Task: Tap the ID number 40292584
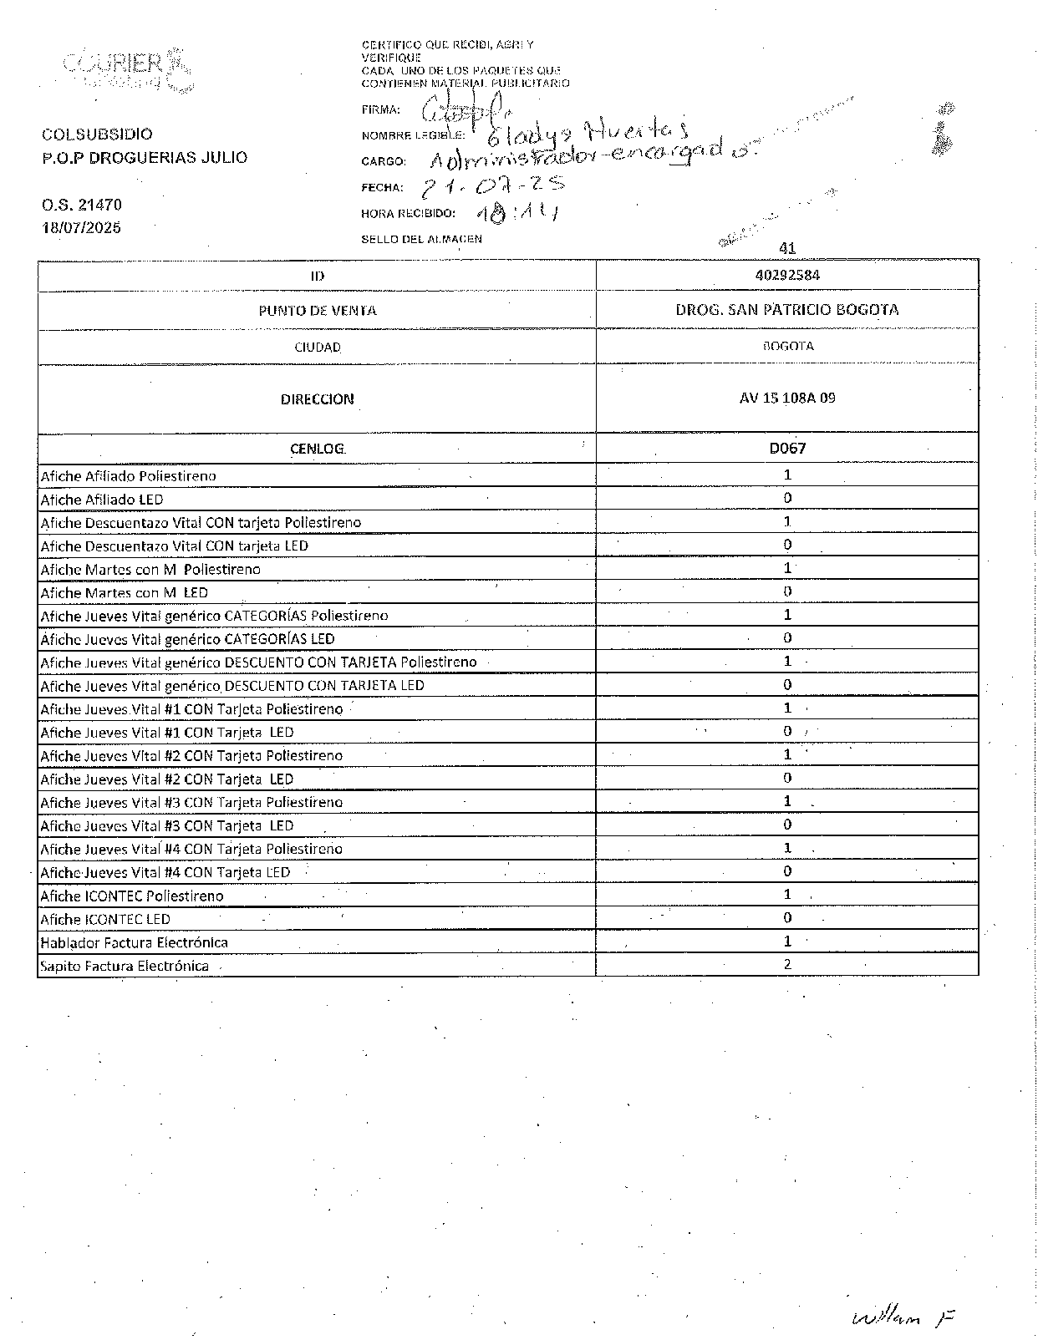point(786,275)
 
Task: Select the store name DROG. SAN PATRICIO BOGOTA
point(786,310)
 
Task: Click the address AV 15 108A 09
point(786,398)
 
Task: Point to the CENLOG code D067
point(787,449)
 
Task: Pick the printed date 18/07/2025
point(81,227)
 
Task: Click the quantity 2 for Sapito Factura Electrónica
point(787,964)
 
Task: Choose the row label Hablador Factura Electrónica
point(134,942)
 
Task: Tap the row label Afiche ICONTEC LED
point(105,919)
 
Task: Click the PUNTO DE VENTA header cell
point(317,311)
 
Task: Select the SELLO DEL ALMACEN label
point(421,239)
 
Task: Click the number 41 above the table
point(786,248)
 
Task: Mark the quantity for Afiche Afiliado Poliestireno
point(787,475)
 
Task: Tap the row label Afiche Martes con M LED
point(124,592)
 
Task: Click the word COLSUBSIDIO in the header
point(97,135)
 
